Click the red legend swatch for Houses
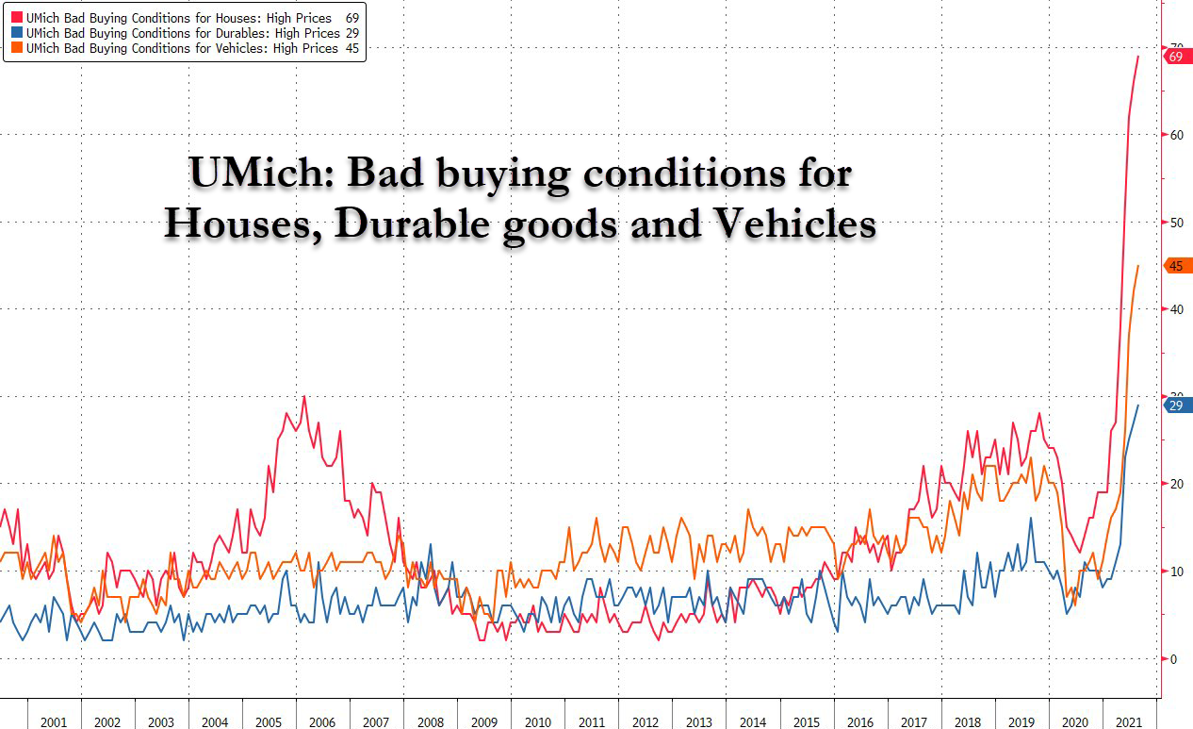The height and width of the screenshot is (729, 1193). click(16, 17)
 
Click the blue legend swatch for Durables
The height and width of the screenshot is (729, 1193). click(16, 32)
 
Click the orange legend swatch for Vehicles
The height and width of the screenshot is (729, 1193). click(16, 47)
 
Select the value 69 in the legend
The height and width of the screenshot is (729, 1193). click(352, 17)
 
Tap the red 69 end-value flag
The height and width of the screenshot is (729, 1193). click(1177, 57)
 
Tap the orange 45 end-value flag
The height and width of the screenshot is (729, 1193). click(1177, 266)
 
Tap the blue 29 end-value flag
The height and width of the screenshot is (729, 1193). click(1177, 406)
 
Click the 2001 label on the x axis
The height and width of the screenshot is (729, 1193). click(54, 721)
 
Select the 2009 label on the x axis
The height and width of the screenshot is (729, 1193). click(483, 721)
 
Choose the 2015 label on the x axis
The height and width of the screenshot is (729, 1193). click(807, 721)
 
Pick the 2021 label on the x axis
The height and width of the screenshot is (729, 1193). click(1129, 721)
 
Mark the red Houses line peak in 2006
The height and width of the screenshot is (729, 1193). click(303, 397)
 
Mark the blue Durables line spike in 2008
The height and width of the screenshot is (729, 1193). click(431, 545)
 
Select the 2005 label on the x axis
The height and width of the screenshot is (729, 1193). click(269, 721)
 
